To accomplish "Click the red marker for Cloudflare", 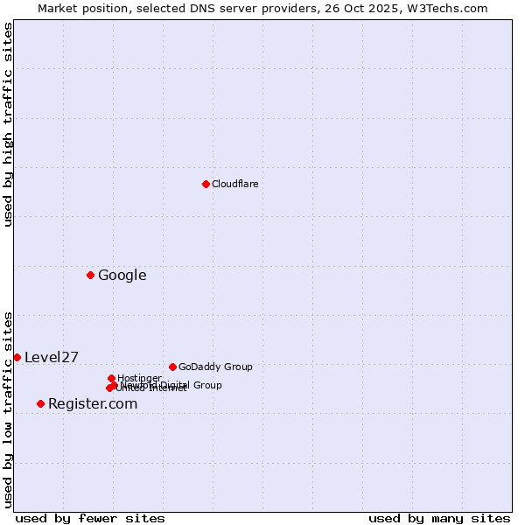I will [x=206, y=184].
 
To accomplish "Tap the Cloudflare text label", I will [x=234, y=184].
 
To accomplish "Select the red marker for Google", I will [x=90, y=276].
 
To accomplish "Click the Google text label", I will [x=122, y=276].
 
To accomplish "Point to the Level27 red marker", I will [x=17, y=357].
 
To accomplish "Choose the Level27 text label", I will [x=52, y=357].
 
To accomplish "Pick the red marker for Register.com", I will [x=40, y=403].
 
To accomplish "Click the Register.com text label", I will [x=93, y=403].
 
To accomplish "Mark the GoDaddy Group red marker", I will [x=172, y=367].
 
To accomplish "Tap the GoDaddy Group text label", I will [x=215, y=367].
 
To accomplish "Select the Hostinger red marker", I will [x=111, y=378].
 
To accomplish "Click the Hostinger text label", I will [x=139, y=378].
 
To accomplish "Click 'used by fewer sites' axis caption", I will [x=90, y=518].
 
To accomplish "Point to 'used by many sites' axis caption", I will [x=439, y=518].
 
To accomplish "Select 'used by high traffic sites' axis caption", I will [x=8, y=124].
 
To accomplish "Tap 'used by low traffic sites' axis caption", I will [x=8, y=409].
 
